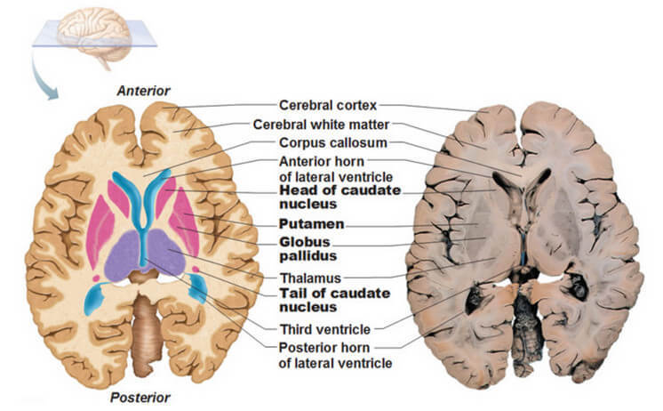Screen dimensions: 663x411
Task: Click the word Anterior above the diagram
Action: (142, 90)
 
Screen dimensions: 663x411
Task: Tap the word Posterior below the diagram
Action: (140, 397)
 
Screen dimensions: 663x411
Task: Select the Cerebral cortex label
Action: (328, 105)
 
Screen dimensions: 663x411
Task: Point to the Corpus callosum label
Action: (327, 143)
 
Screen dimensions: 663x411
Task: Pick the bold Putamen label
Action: (311, 223)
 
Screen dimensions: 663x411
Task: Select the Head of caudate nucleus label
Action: (339, 197)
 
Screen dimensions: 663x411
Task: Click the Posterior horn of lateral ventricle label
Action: (334, 355)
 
